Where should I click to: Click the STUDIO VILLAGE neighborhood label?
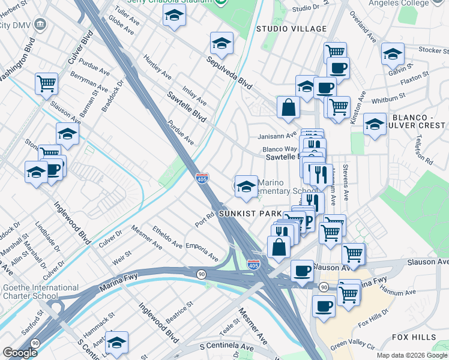[291, 29]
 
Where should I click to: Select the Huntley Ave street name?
[157, 67]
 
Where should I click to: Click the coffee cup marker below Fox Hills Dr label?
[324, 306]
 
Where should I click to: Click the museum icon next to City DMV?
[40, 25]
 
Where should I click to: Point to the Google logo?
[20, 353]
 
